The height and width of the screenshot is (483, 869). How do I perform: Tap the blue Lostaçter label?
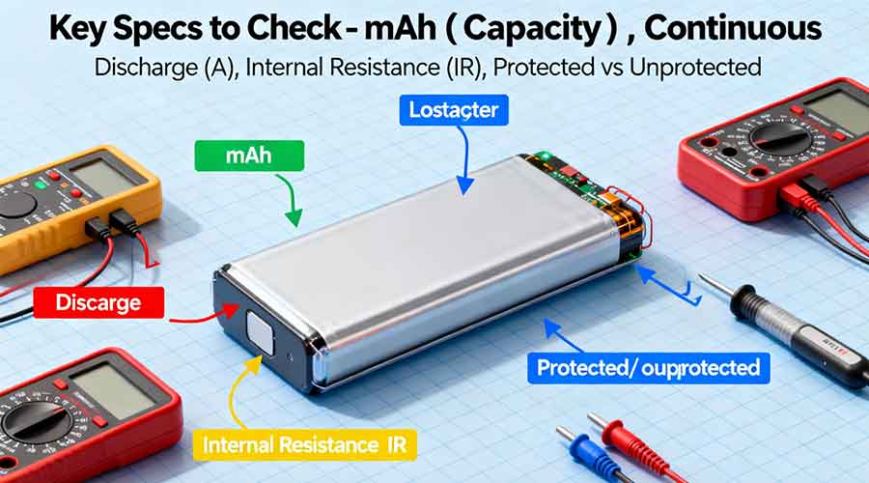tap(454, 111)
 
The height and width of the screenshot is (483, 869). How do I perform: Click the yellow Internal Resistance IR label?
tap(306, 444)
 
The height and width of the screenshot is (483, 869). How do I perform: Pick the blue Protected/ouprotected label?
tap(648, 367)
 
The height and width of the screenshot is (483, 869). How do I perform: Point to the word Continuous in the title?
tap(733, 28)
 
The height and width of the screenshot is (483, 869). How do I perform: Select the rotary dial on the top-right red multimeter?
tap(781, 137)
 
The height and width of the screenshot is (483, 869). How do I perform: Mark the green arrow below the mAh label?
tap(293, 205)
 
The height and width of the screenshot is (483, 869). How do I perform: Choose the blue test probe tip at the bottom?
tap(577, 446)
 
